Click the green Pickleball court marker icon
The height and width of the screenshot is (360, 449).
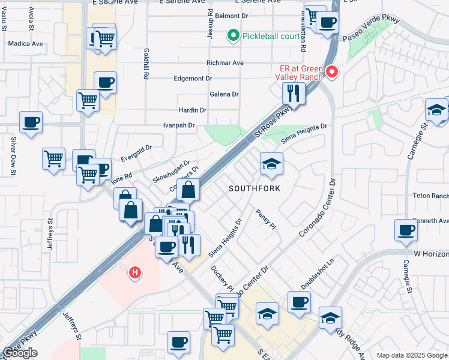(x=234, y=36)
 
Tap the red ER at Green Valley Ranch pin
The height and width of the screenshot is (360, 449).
(x=331, y=73)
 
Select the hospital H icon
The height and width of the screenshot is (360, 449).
(x=136, y=272)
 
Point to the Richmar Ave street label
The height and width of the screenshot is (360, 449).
(x=224, y=62)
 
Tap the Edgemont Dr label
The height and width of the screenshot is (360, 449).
(x=193, y=79)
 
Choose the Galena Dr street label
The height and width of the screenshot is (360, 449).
(x=224, y=94)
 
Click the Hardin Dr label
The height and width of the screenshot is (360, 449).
(x=193, y=110)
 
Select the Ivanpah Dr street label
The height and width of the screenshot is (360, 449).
(x=179, y=125)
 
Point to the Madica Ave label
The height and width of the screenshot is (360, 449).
(x=26, y=44)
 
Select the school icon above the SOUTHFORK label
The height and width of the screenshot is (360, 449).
(x=271, y=163)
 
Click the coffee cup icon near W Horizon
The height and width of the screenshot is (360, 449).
(x=406, y=230)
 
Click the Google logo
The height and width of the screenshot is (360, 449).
(x=20, y=353)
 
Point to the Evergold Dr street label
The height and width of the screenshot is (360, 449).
(x=137, y=146)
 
